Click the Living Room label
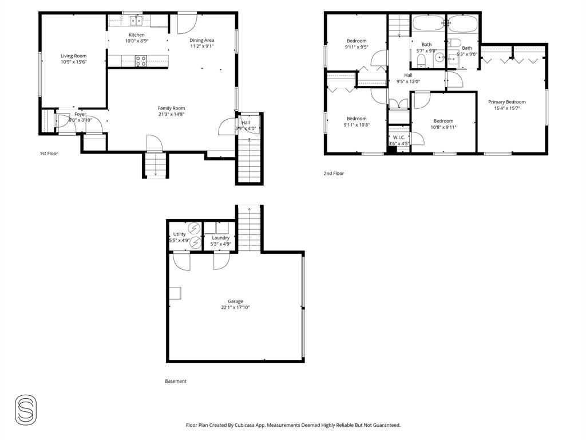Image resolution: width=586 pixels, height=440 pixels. [73, 56]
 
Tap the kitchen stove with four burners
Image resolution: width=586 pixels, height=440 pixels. [141, 60]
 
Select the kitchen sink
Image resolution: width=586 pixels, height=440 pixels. [136, 21]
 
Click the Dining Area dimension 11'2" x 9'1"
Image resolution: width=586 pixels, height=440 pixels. [202, 47]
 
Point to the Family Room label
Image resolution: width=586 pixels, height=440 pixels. [171, 108]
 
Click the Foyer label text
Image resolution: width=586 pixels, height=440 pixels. [80, 114]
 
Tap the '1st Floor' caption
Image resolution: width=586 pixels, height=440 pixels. [49, 154]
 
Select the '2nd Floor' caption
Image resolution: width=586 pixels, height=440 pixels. [334, 173]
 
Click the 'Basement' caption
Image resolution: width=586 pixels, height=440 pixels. [176, 381]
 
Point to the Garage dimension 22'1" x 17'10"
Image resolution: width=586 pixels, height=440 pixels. [235, 308]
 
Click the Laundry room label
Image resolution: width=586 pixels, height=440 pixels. [220, 238]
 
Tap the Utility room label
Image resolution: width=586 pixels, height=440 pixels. [180, 234]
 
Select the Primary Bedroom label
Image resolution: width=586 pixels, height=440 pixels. [506, 102]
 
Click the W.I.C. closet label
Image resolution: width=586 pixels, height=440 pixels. [399, 137]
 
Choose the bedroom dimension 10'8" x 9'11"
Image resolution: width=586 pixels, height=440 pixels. [443, 128]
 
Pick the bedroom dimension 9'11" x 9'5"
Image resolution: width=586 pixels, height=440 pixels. [356, 48]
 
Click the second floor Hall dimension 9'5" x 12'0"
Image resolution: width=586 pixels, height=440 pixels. [408, 81]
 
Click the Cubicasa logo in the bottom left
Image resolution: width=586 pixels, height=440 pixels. [26, 410]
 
